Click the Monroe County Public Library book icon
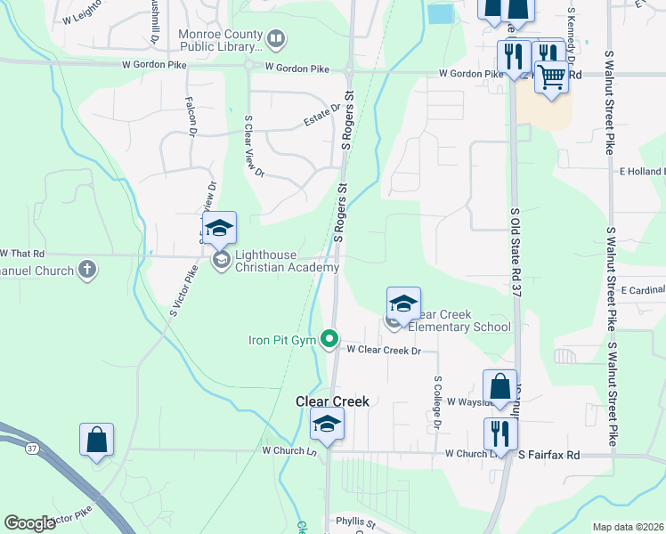(x=276, y=38)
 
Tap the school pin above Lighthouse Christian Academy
(x=219, y=230)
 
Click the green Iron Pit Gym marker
(x=329, y=338)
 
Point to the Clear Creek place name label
(x=332, y=401)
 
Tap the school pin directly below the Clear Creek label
(x=327, y=425)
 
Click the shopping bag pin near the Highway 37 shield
(x=96, y=441)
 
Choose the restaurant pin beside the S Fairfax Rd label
(x=500, y=433)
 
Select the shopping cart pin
(x=552, y=77)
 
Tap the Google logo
(x=29, y=523)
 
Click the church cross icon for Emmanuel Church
(x=86, y=268)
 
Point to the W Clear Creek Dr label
(x=384, y=351)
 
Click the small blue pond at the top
(x=440, y=13)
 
